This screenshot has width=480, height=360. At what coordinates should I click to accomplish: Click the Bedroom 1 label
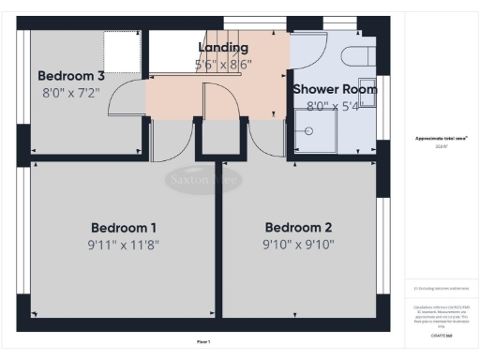123,228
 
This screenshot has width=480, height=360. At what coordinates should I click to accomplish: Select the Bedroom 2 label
299,228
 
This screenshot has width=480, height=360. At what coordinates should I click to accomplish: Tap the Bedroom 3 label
72,75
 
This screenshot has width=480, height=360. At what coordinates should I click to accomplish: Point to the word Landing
223,48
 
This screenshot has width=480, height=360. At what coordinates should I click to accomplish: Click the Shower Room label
335,89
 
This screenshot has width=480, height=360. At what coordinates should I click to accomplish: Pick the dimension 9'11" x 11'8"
123,247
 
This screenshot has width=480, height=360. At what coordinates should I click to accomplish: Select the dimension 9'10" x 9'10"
299,247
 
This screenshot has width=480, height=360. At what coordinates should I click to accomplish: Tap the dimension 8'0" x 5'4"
335,106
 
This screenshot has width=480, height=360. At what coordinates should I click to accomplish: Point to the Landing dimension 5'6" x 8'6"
223,65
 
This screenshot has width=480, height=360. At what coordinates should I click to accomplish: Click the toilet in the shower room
358,55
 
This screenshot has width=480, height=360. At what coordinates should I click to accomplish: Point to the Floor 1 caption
203,341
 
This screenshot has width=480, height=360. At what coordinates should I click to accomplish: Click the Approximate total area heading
441,139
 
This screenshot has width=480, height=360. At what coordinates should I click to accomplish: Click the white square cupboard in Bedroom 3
120,48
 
